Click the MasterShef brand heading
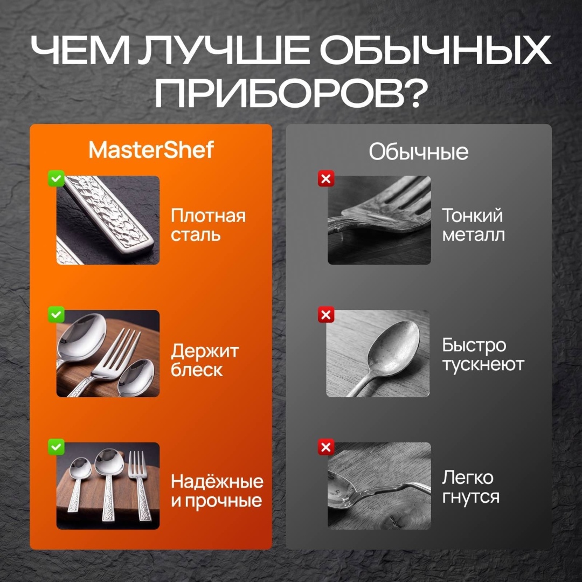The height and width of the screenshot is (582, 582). pos(151,150)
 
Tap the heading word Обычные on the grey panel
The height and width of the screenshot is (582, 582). pos(418,152)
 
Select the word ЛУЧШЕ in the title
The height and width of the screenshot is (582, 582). pos(223,50)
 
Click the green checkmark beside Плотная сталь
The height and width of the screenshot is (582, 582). pos(56,178)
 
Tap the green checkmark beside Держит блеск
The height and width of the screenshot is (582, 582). pos(56,315)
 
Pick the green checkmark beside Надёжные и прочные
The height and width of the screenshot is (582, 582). pos(56,447)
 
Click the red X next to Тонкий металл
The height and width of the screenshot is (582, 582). pos(326,178)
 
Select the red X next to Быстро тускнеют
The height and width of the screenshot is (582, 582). pos(326,315)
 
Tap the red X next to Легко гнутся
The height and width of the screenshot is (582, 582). pos(326,447)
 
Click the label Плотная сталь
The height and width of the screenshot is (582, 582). pos(208,225)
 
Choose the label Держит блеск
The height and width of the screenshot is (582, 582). pos(205,360)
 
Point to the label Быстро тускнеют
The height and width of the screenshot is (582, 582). pos(483,355)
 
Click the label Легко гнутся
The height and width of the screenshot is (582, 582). pos(470,487)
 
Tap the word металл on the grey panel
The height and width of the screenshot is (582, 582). pos(473,235)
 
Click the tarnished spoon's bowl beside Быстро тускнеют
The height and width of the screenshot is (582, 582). pos(393,348)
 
